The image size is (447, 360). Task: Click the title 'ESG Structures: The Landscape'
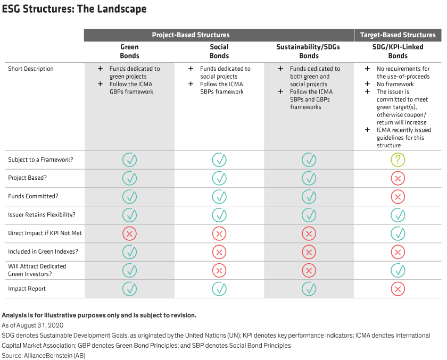[74, 10]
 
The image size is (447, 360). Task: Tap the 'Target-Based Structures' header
[398, 35]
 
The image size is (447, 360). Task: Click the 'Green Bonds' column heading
[129, 51]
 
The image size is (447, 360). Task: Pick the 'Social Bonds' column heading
[219, 51]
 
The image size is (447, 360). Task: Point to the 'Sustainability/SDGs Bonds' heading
[309, 51]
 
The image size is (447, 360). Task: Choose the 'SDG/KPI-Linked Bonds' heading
[398, 51]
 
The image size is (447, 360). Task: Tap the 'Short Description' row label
[31, 69]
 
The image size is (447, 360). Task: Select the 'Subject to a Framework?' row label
[41, 160]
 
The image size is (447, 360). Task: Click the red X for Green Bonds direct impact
[129, 233]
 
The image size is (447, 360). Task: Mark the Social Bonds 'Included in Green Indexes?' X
[219, 252]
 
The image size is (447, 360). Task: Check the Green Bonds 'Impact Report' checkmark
[129, 289]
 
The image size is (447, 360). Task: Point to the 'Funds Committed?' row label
[33, 196]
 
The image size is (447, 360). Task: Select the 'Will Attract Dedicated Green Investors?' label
[37, 270]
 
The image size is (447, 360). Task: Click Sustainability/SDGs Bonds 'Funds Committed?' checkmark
[309, 196]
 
